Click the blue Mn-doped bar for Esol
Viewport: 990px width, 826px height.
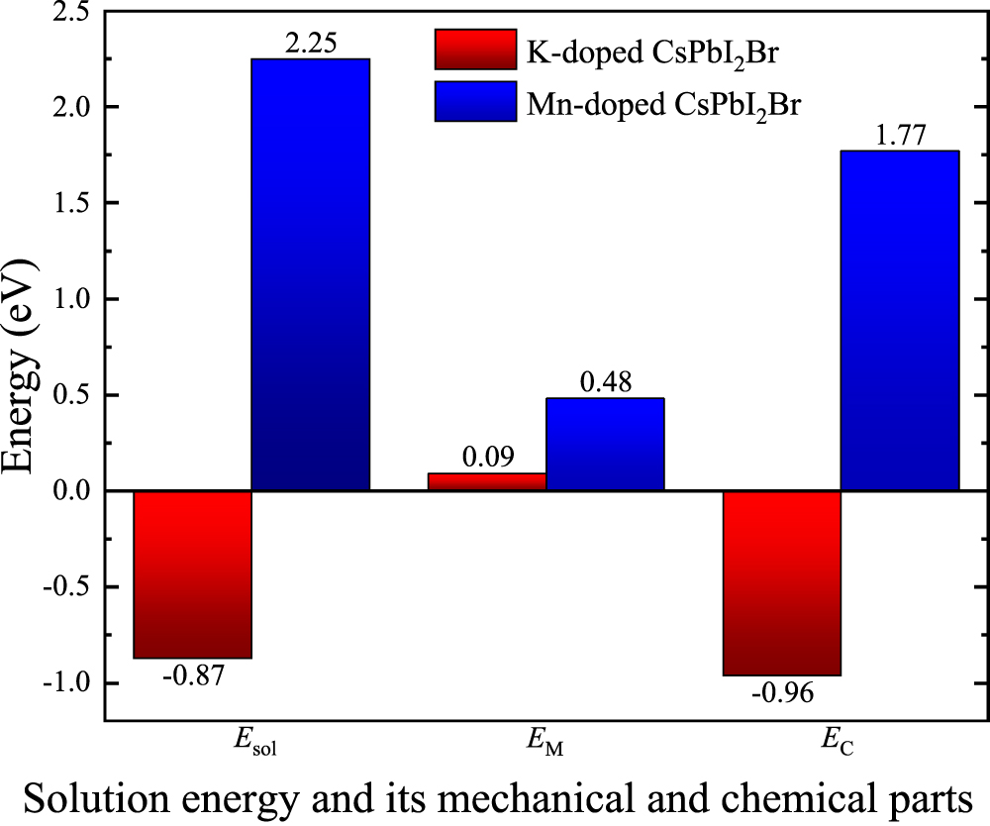pos(310,274)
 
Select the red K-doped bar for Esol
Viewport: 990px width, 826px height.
pos(192,574)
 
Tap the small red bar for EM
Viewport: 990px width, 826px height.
pos(486,481)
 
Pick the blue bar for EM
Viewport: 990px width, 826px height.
pos(605,444)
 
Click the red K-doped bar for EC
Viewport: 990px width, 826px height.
pos(782,583)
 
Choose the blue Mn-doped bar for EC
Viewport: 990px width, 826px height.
pos(899,321)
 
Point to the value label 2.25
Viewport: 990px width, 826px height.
pos(310,43)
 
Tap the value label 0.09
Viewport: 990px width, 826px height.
pos(486,458)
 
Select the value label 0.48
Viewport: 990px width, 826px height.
pos(605,381)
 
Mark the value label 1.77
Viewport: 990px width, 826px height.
pos(899,135)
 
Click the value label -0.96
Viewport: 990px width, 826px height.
pos(782,693)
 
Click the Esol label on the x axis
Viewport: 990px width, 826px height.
pos(250,742)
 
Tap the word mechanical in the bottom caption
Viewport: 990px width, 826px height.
pos(555,798)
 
